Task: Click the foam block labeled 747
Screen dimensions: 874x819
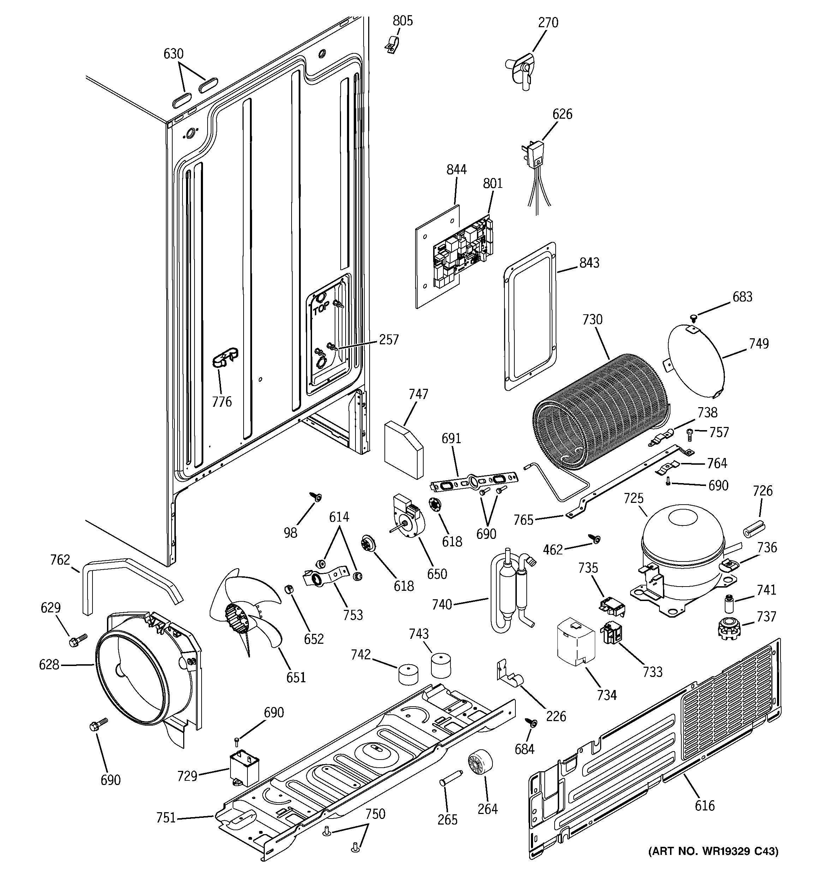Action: click(x=403, y=449)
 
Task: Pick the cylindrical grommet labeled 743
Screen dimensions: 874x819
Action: click(x=441, y=666)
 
